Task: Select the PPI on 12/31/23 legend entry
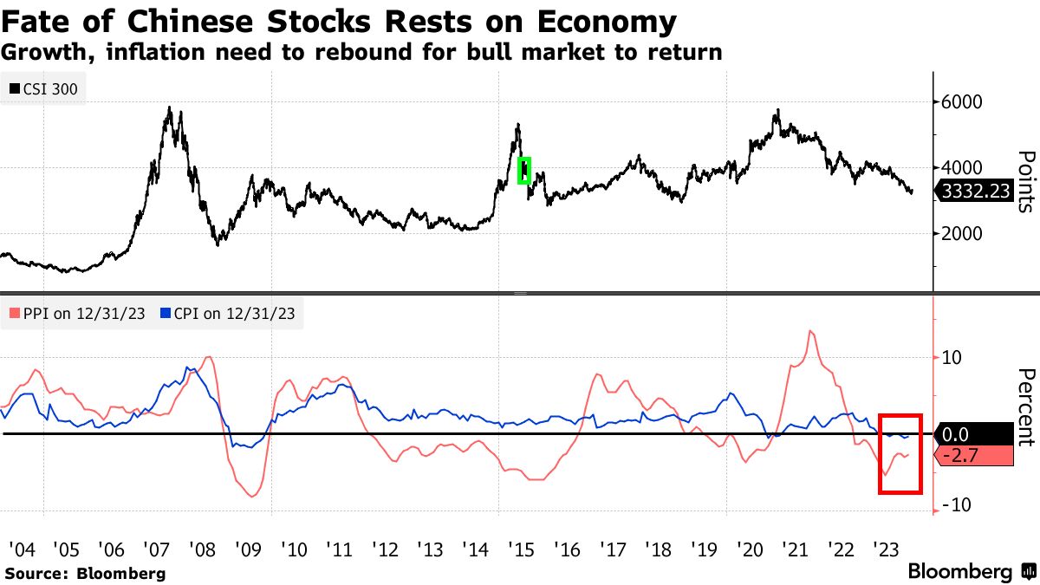tap(78, 314)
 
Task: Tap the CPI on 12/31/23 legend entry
tap(228, 314)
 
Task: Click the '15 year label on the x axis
tap(521, 549)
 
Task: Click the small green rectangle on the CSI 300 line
tap(523, 170)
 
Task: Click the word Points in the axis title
tap(1026, 182)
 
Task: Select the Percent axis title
tap(1026, 407)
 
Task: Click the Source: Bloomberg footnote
tap(85, 573)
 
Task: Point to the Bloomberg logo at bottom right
tap(970, 572)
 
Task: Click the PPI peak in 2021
tap(810, 331)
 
